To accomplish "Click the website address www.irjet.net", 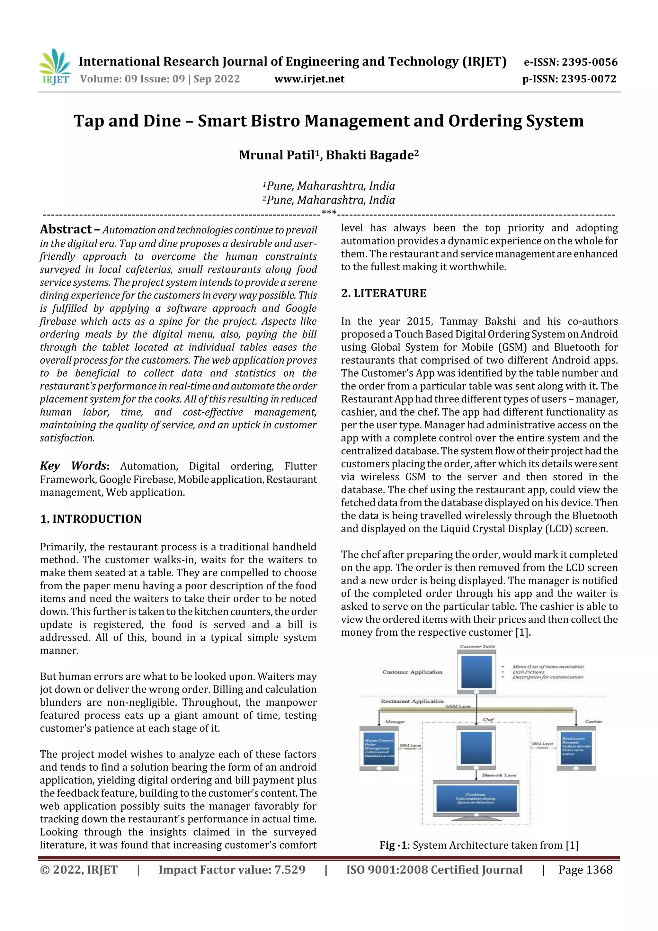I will click(x=309, y=79).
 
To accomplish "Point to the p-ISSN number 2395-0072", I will click(x=588, y=79).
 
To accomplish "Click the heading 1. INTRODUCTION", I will click(x=91, y=519).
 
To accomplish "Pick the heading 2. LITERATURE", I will click(x=384, y=294).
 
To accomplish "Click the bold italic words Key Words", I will click(x=73, y=466).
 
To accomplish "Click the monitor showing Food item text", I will click(x=476, y=799).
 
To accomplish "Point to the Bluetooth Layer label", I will click(x=499, y=775).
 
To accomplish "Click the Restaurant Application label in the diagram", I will click(x=412, y=702).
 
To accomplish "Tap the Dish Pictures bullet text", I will click(x=528, y=672).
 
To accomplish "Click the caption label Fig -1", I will click(x=393, y=846).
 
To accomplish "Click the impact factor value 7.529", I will click(x=289, y=870).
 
